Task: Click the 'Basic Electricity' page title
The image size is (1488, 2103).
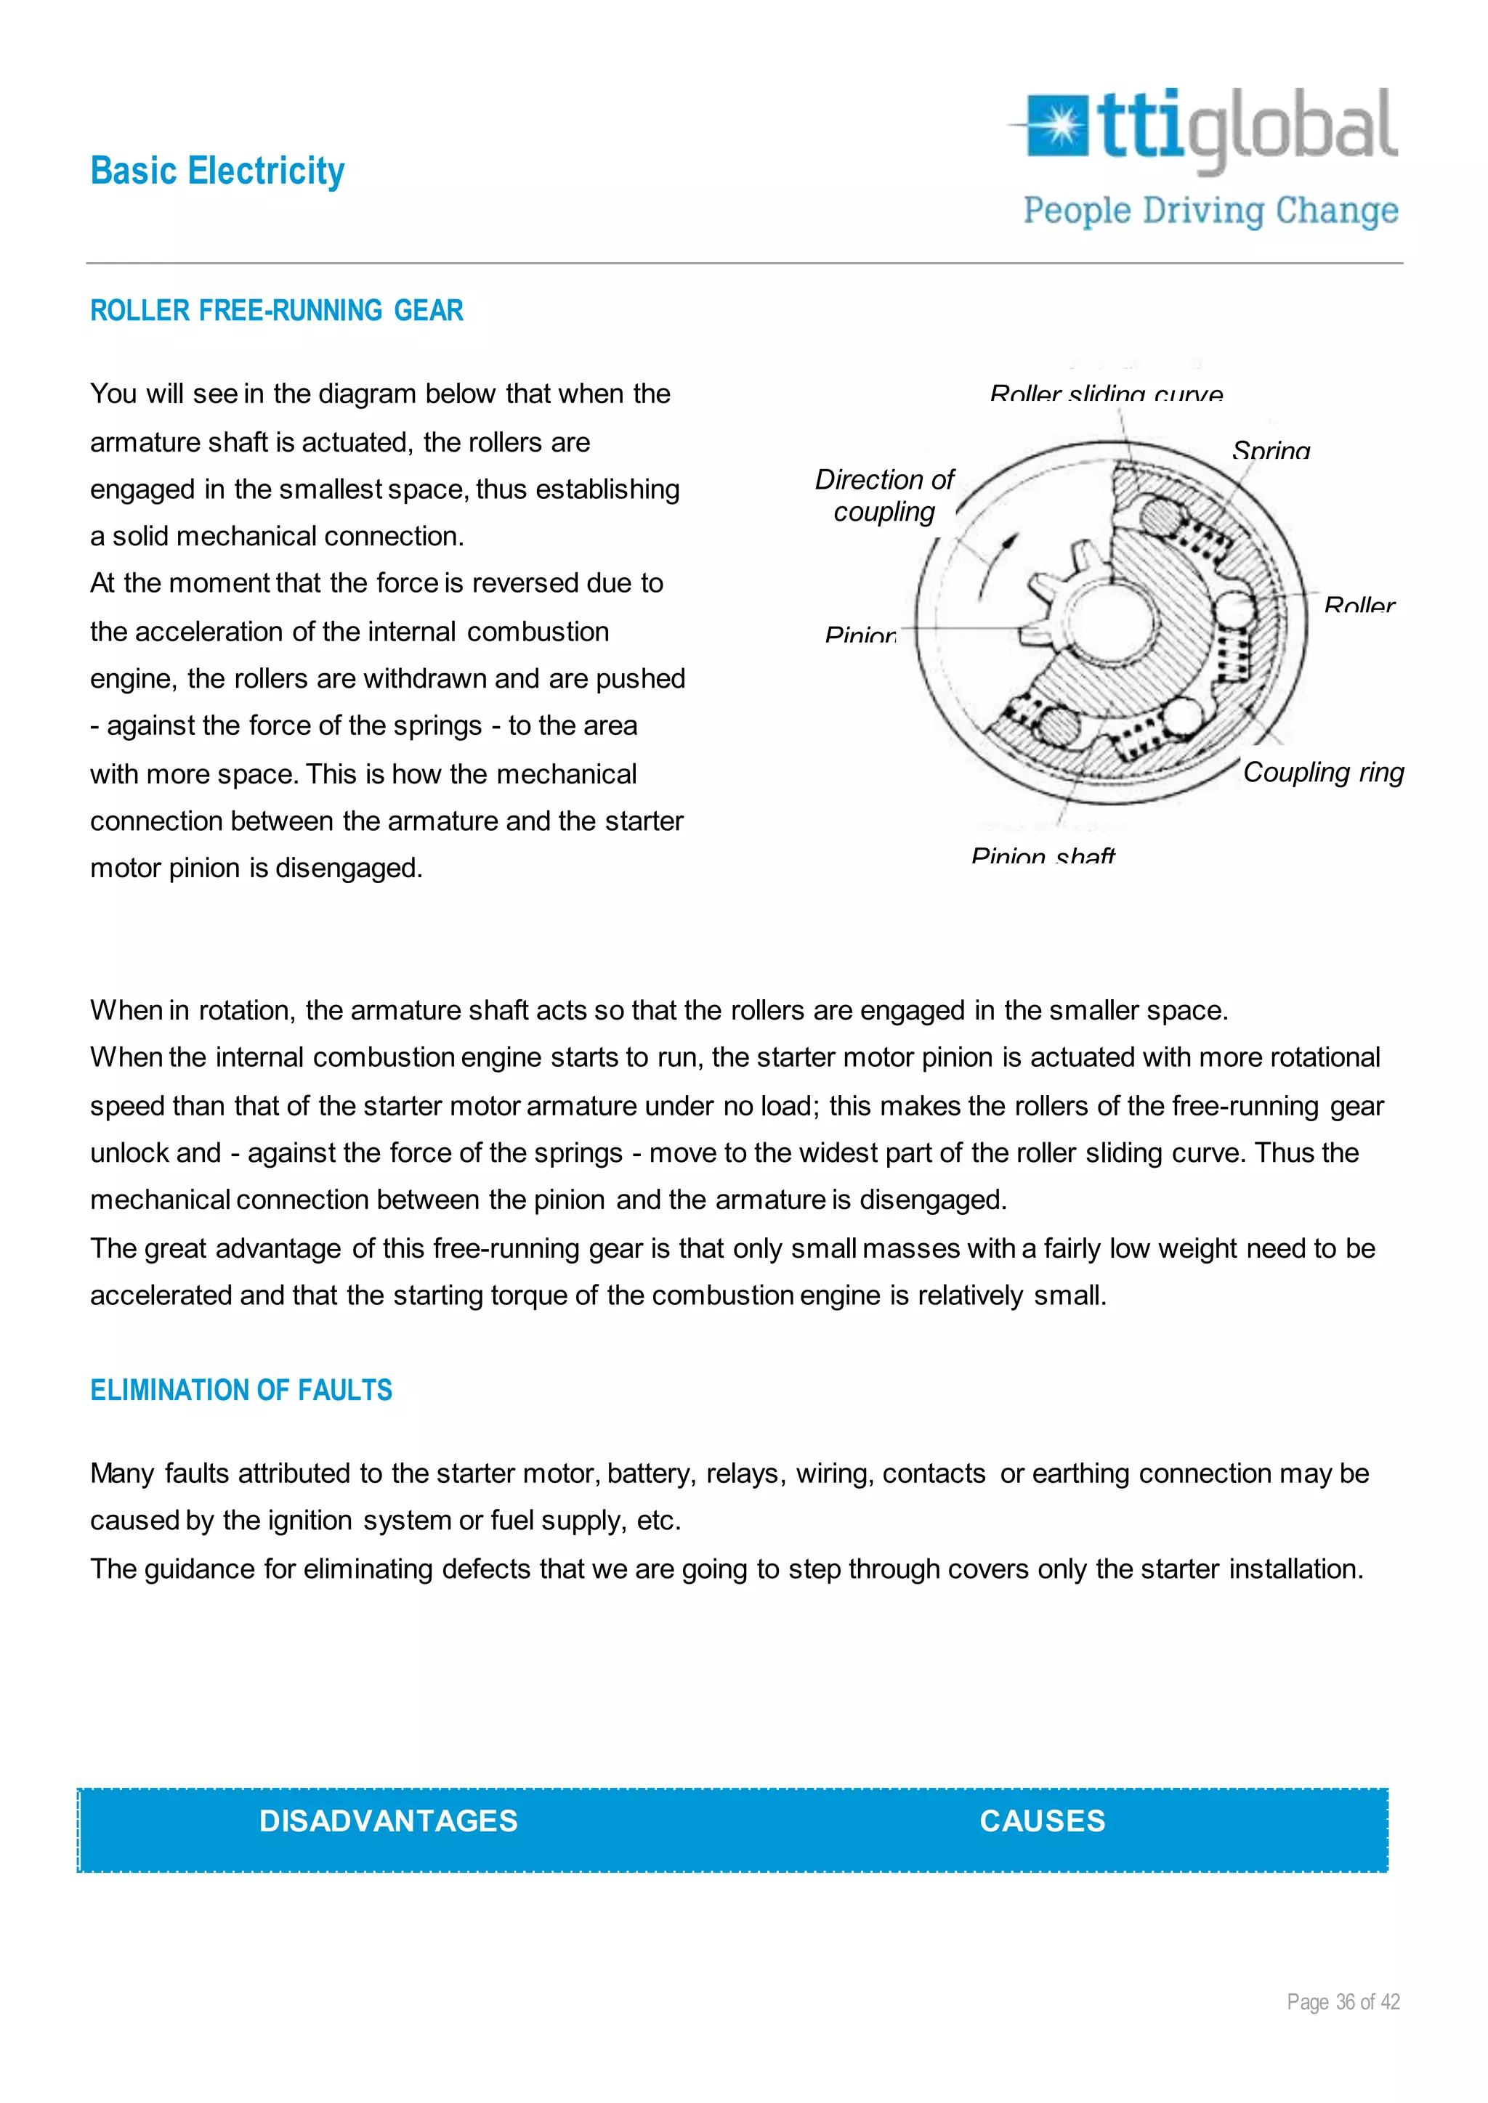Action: (217, 171)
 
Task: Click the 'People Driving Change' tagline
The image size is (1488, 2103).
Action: (1210, 211)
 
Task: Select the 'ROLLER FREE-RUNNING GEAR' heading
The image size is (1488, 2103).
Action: (277, 311)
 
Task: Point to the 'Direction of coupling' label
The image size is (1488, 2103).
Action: (884, 495)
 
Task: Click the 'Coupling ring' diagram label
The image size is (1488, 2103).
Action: (1323, 772)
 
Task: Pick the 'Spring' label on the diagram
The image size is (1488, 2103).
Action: (1271, 451)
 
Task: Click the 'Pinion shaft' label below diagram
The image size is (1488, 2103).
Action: (1043, 856)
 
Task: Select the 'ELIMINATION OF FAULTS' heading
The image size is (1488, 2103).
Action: (241, 1391)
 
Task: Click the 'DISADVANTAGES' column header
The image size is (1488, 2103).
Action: (389, 1821)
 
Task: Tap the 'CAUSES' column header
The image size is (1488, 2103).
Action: (1042, 1821)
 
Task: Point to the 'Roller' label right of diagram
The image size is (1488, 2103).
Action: (1359, 606)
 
